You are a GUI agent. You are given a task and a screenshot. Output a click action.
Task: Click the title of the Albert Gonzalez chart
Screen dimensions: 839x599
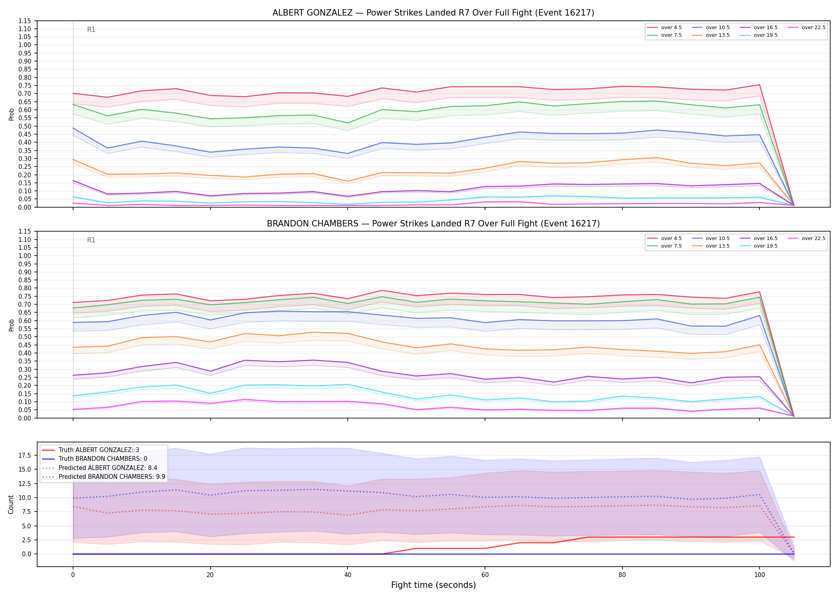click(433, 13)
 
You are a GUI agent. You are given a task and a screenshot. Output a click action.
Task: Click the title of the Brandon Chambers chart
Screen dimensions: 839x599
click(433, 224)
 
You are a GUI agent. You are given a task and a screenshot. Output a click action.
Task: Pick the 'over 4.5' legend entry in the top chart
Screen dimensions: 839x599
click(664, 28)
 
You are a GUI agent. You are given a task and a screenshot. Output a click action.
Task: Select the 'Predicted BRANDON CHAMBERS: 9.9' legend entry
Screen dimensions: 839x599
click(103, 476)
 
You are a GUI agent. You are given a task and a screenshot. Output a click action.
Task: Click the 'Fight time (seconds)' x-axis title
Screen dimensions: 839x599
click(433, 585)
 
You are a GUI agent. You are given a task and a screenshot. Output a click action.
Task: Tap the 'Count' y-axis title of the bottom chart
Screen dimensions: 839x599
click(11, 504)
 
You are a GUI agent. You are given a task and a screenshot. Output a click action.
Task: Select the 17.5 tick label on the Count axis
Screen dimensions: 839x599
click(26, 456)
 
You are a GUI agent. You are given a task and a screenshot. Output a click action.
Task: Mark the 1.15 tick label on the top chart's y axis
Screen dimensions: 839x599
click(24, 21)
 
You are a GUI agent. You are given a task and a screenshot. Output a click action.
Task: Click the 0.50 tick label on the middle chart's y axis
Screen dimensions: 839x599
click(24, 337)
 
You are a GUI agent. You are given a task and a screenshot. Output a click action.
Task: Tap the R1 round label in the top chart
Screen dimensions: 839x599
click(91, 30)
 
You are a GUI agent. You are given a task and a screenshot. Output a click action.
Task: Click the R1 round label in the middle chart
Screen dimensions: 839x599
click(91, 240)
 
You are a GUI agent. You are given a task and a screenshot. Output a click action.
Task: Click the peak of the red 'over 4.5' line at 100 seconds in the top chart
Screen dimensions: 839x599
click(759, 85)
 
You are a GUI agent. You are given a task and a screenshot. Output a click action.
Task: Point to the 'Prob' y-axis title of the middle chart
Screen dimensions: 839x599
click(11, 325)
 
